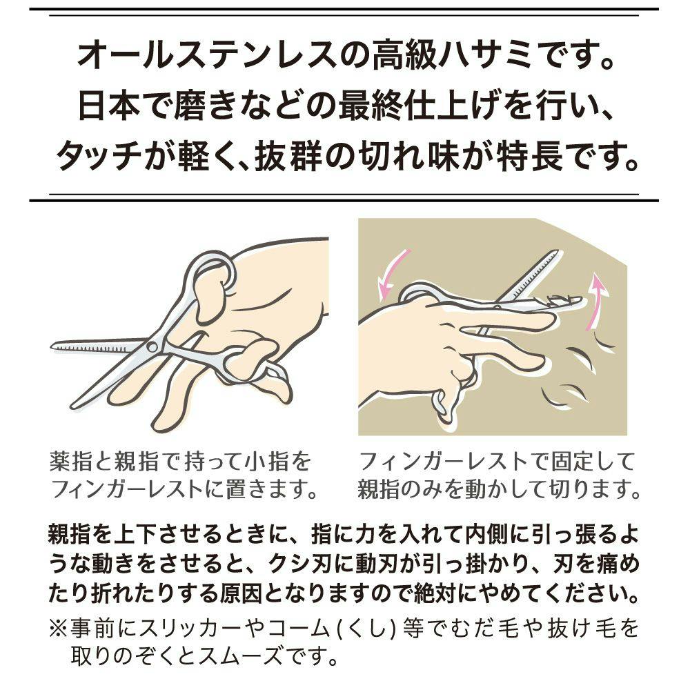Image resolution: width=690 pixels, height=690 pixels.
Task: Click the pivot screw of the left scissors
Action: [152, 347]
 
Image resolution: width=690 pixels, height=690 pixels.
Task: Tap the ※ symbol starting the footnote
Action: [59, 628]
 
